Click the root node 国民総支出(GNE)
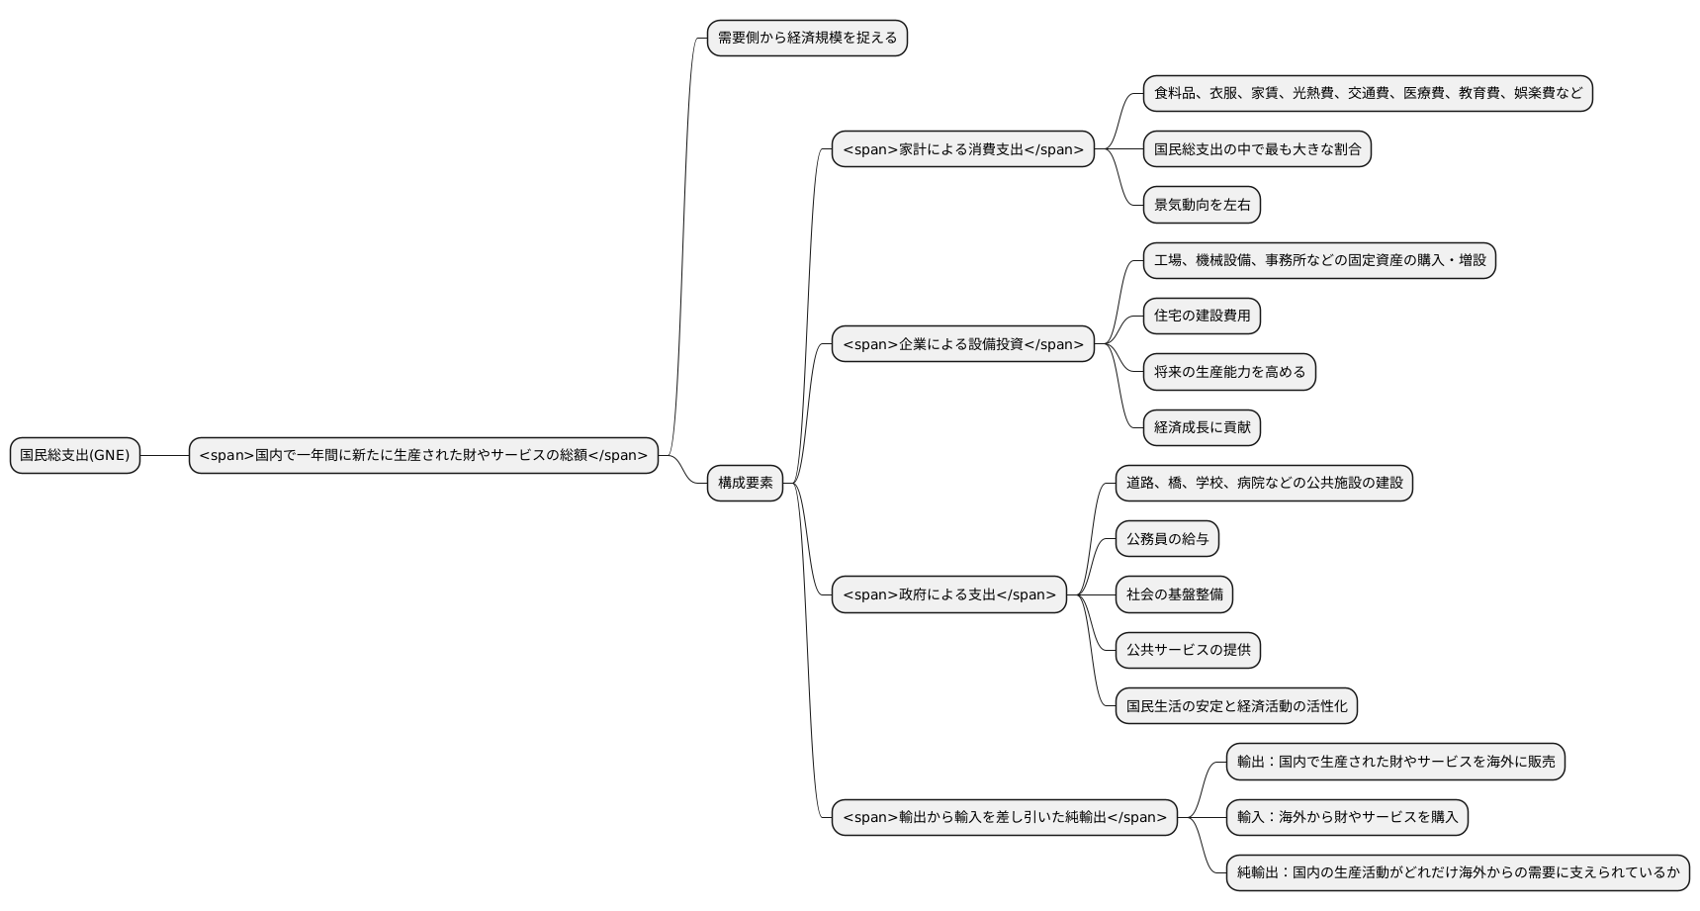(x=75, y=455)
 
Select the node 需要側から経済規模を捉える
(x=807, y=38)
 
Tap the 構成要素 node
(x=745, y=483)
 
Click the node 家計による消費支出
(x=962, y=149)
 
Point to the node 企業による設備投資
(x=962, y=344)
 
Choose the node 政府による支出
(x=948, y=594)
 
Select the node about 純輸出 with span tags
(x=1004, y=817)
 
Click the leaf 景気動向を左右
(x=1202, y=205)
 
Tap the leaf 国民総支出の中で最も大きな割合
(x=1257, y=149)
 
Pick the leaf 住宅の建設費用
(x=1202, y=316)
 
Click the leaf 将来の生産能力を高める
(x=1229, y=372)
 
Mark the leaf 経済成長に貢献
(x=1202, y=427)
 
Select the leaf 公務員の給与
(x=1167, y=539)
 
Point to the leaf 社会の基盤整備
(x=1174, y=594)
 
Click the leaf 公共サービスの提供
(x=1188, y=650)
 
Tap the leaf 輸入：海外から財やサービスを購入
(x=1347, y=817)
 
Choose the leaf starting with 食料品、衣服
(x=1368, y=93)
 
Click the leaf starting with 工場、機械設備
(x=1319, y=260)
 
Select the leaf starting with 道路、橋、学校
(x=1264, y=483)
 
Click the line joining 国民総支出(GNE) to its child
(x=164, y=455)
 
